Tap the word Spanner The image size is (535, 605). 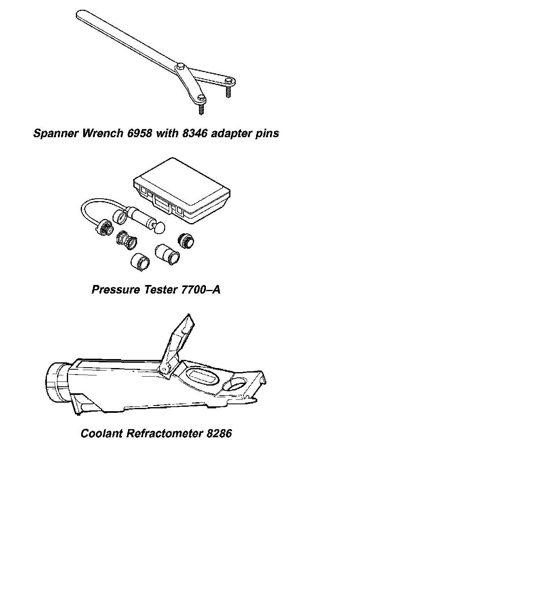coord(56,133)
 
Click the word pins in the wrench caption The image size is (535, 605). coord(267,133)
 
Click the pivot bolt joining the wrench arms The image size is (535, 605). coord(180,66)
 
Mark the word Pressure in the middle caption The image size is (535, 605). coord(115,289)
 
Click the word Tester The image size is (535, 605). coord(159,289)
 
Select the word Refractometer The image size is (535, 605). coord(164,433)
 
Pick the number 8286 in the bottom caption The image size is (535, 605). coord(219,433)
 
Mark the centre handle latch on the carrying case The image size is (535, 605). coord(162,203)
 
